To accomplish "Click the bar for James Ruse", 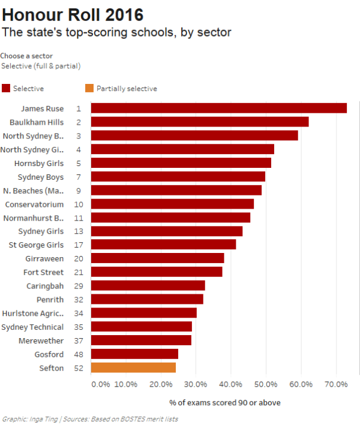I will click(x=218, y=108).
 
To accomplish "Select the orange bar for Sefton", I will click(x=133, y=367).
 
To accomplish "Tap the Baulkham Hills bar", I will click(x=199, y=122).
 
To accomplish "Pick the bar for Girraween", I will click(x=157, y=258).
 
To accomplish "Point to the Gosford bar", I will click(x=134, y=354).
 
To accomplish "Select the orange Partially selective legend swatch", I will click(x=89, y=88).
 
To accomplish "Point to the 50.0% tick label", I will click(x=266, y=384).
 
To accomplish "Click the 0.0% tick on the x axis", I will click(x=100, y=384).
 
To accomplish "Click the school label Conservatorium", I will click(x=34, y=204).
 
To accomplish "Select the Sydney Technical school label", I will click(x=32, y=327).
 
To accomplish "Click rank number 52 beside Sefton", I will click(x=79, y=367).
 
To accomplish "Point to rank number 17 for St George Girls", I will click(x=79, y=245).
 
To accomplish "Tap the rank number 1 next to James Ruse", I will click(x=79, y=108).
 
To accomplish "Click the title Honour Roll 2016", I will click(x=73, y=14).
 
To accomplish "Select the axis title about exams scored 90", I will click(x=225, y=402).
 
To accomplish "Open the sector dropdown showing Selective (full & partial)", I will click(x=41, y=66).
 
